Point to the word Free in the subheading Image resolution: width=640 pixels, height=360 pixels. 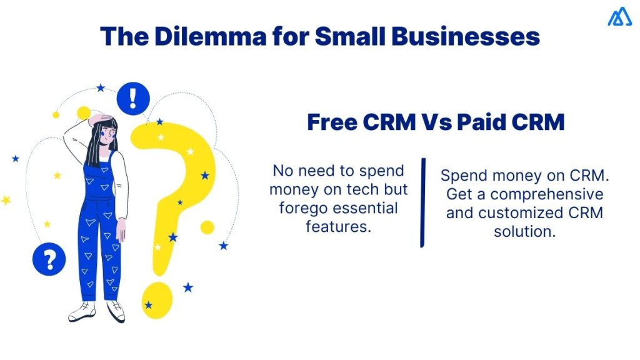(332, 122)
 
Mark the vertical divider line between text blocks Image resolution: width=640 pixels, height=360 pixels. (423, 202)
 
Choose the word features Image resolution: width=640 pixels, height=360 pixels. (338, 226)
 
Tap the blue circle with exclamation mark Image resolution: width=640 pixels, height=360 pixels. (133, 98)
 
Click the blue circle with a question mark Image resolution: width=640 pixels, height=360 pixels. (49, 259)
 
